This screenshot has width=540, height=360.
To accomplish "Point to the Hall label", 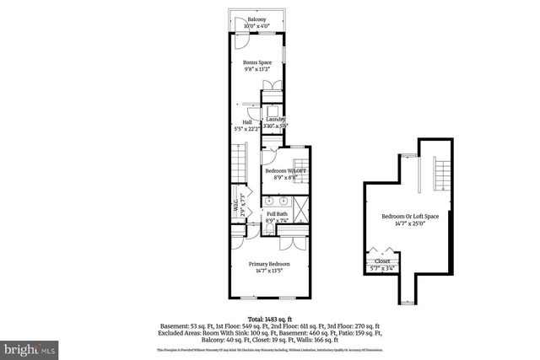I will pyautogui.click(x=246, y=122).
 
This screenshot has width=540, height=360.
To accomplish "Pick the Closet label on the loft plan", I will pyautogui.click(x=382, y=261).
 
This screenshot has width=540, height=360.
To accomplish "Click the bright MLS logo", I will pyautogui.click(x=30, y=347).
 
